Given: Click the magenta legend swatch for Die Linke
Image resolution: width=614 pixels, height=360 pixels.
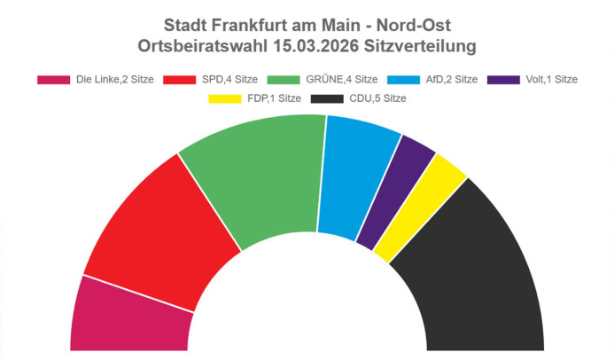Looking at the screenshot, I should pyautogui.click(x=53, y=79).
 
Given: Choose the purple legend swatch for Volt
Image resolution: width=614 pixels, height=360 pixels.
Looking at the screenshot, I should pyautogui.click(x=510, y=79).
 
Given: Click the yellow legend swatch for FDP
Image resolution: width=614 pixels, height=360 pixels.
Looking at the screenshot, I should pyautogui.click(x=224, y=98).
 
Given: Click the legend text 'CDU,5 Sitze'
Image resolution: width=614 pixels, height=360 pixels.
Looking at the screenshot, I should pyautogui.click(x=377, y=98).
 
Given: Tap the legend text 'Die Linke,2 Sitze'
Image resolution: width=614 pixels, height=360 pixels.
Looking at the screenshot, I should pyautogui.click(x=113, y=79).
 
